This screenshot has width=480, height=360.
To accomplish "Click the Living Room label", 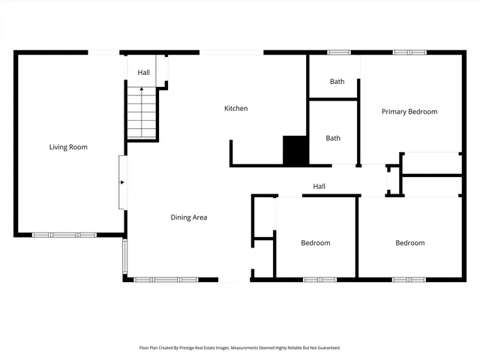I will coord(68,147).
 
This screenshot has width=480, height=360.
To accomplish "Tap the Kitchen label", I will coord(235,109).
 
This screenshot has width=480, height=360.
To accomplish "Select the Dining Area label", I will coord(188,217).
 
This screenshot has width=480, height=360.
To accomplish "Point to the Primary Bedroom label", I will coord(409,112).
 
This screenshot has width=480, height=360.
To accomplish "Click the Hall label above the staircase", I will coord(143,73).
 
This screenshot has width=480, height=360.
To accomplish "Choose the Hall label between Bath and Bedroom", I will coord(319,186).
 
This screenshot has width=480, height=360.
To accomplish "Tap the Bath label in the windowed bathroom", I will coord(337,81).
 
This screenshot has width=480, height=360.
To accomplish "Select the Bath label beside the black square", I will coord(333,138).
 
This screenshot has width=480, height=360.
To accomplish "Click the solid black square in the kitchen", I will coord(295,150).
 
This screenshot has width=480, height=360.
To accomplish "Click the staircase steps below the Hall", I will coord(142,116).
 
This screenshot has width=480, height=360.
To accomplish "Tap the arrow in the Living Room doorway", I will coord(122,181).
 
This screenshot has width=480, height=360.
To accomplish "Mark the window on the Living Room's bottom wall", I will coord(64,235).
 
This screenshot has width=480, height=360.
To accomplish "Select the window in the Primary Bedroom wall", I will coord(409,52).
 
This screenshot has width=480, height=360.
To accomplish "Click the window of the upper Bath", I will coord(339,52).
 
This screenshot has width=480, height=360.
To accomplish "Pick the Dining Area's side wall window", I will coord(125,257).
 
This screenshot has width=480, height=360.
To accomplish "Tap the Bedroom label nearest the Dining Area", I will coord(316,243).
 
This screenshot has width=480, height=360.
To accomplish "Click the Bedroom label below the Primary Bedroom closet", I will coord(409,243).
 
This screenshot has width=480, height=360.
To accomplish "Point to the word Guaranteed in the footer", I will coord(325,348).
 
